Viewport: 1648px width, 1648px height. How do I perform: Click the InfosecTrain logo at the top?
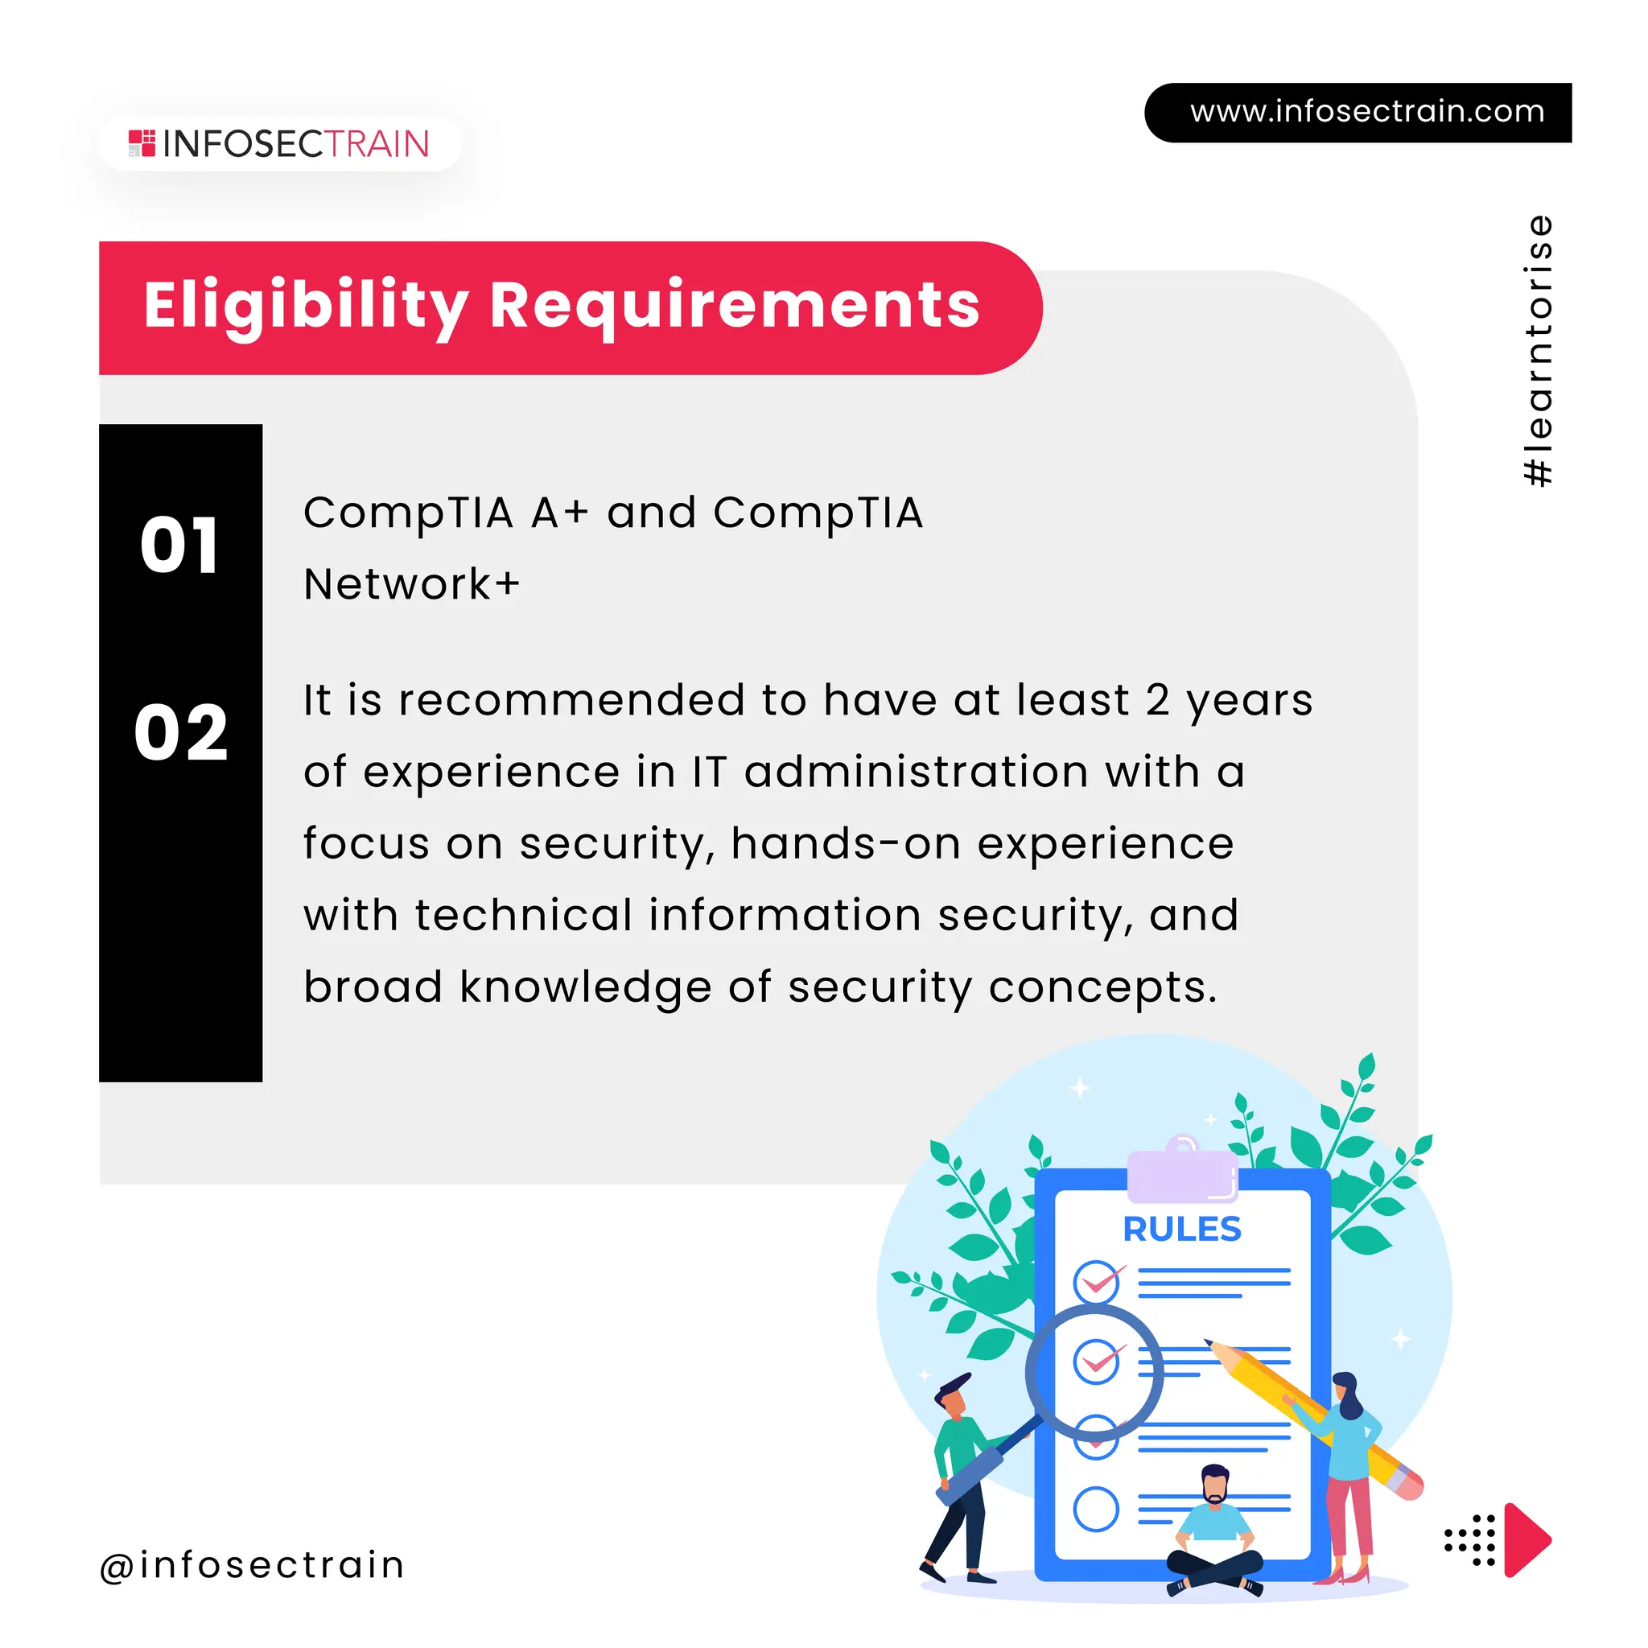tap(279, 144)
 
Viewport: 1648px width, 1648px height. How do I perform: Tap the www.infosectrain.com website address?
tap(1366, 112)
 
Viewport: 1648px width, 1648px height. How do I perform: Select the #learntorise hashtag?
tap(1538, 351)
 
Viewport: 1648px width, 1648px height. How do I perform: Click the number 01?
tap(180, 546)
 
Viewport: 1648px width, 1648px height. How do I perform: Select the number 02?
tap(181, 733)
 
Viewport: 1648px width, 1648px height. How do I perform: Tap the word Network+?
tap(411, 585)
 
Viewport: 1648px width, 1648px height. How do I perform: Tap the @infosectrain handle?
tap(253, 1565)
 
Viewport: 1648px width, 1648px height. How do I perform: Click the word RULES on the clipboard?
tap(1181, 1230)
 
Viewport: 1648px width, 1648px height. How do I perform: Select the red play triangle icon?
tap(1524, 1539)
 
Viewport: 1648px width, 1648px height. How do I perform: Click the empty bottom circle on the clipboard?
tap(1095, 1509)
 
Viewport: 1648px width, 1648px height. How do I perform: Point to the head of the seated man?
tap(1213, 1484)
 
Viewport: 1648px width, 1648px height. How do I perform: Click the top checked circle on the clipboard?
tap(1095, 1281)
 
